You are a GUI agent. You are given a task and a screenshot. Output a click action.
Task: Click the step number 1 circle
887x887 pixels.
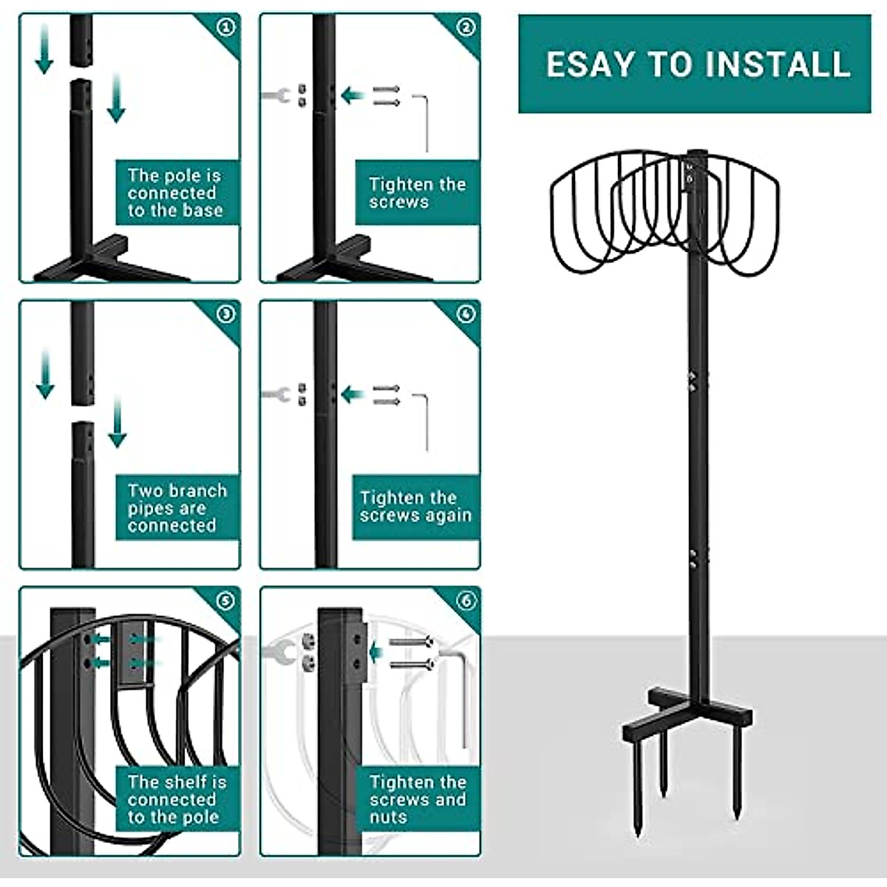[226, 27]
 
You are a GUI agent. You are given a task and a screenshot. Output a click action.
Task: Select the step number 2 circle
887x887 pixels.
[466, 27]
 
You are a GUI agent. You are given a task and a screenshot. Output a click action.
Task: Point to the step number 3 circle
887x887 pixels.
[226, 314]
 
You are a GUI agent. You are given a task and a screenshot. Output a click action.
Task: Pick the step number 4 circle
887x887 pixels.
[466, 314]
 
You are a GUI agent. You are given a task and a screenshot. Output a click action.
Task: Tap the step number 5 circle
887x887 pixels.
[226, 600]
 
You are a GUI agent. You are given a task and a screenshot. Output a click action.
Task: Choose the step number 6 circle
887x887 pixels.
[466, 600]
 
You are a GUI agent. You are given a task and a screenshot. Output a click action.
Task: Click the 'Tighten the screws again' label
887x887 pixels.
[415, 507]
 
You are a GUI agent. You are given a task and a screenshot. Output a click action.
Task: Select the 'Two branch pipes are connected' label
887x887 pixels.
[177, 508]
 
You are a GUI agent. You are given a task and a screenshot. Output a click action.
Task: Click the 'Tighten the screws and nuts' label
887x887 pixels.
[418, 799]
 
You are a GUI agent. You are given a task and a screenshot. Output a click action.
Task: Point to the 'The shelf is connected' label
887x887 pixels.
[177, 799]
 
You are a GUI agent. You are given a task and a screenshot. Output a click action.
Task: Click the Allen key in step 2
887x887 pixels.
[424, 122]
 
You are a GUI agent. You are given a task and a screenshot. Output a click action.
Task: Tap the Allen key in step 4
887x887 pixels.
[424, 421]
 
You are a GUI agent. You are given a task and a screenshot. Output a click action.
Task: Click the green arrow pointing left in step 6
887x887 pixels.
[376, 652]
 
